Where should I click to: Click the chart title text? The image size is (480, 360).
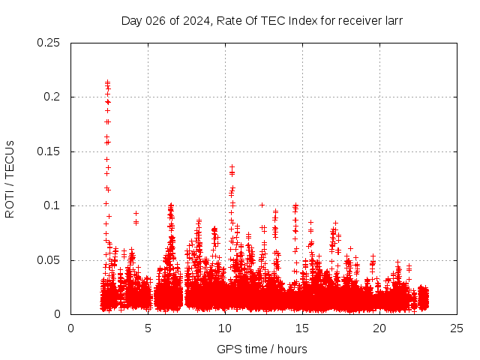262,21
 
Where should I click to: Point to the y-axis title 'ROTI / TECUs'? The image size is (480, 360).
10,179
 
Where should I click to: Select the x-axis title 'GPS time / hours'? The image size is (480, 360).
262,349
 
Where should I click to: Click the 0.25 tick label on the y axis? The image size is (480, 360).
49,43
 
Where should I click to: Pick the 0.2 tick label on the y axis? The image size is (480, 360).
52,97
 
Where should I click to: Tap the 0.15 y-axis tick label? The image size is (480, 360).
49,151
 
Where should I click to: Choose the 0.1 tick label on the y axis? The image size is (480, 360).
52,205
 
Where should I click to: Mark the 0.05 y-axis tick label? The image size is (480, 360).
49,260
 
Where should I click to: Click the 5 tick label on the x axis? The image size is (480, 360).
148,328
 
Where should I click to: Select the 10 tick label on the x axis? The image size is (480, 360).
225,328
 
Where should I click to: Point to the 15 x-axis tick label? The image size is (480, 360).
302,328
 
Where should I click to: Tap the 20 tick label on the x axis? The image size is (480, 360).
379,328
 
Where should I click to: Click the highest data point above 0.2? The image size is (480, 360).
107,82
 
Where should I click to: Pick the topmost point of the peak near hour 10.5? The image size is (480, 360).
232,166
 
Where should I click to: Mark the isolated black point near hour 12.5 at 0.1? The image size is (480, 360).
262,204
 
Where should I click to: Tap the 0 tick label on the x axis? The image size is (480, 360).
71,328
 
